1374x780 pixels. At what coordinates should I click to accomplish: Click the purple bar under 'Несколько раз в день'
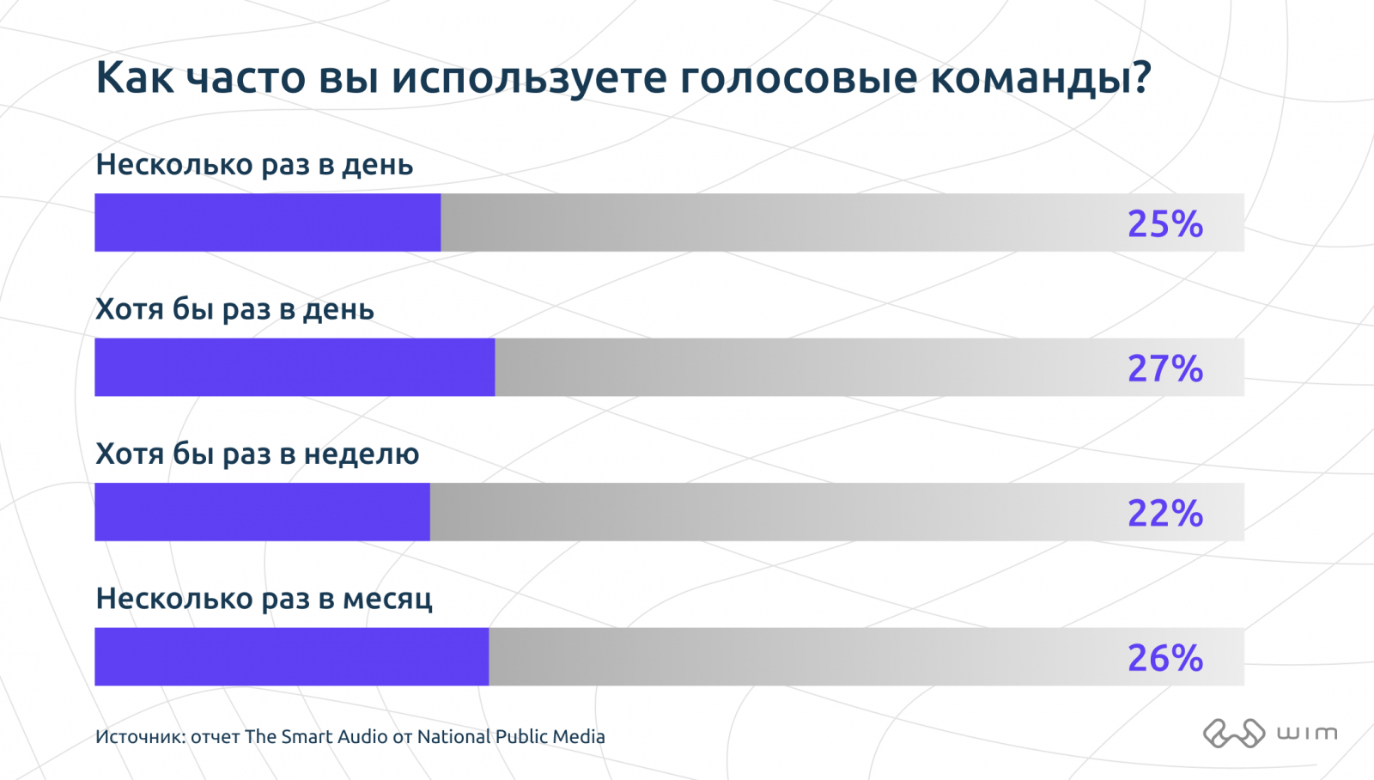[267, 222]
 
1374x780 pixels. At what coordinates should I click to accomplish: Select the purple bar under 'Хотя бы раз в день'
[295, 367]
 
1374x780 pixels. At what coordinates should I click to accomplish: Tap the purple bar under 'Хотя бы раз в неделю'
[262, 512]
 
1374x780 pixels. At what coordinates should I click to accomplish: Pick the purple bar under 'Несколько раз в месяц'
[291, 656]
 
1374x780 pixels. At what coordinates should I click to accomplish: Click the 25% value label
[1164, 223]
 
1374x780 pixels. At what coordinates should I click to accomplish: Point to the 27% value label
[1164, 369]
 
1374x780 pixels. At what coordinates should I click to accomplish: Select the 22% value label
[1164, 513]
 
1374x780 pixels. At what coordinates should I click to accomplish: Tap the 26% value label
[1164, 658]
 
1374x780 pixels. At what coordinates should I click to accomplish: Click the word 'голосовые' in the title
[798, 78]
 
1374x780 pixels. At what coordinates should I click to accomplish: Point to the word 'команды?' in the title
[1041, 77]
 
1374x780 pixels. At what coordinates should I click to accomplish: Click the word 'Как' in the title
[134, 76]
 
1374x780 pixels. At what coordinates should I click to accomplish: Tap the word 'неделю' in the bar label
[362, 454]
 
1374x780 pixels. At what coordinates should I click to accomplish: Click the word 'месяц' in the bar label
[387, 600]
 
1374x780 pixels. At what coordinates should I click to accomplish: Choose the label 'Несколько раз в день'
[254, 164]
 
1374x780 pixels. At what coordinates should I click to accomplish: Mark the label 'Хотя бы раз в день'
[235, 309]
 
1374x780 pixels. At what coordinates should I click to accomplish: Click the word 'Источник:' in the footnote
[141, 736]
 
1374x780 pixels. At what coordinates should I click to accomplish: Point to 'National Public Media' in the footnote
[511, 736]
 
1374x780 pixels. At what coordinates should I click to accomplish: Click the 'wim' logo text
[1307, 733]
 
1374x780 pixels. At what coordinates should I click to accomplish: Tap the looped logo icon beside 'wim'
[1234, 733]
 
